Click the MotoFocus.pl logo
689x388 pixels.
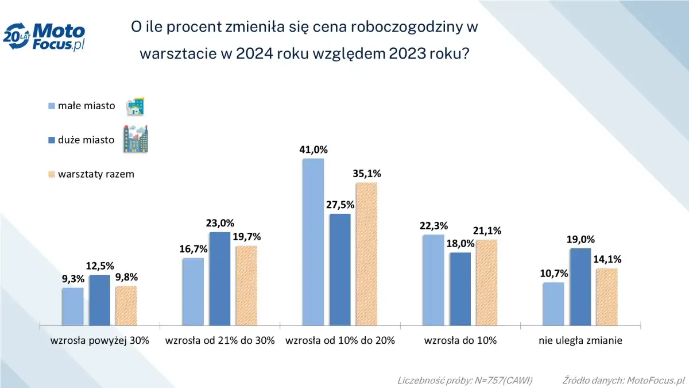tap(44, 37)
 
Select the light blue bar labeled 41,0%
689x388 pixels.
tap(313, 241)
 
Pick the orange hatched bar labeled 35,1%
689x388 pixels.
tap(366, 253)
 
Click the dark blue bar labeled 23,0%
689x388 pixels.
tap(219, 278)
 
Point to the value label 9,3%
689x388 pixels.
tap(73, 279)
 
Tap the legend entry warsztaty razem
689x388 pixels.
tap(95, 174)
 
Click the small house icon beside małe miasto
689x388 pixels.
tap(135, 106)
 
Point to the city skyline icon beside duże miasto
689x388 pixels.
tap(136, 140)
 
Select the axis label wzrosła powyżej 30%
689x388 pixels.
tap(99, 340)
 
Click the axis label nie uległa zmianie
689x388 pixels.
tap(580, 340)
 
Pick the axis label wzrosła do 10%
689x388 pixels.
tap(460, 340)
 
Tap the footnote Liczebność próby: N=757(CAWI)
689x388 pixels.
tap(465, 381)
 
